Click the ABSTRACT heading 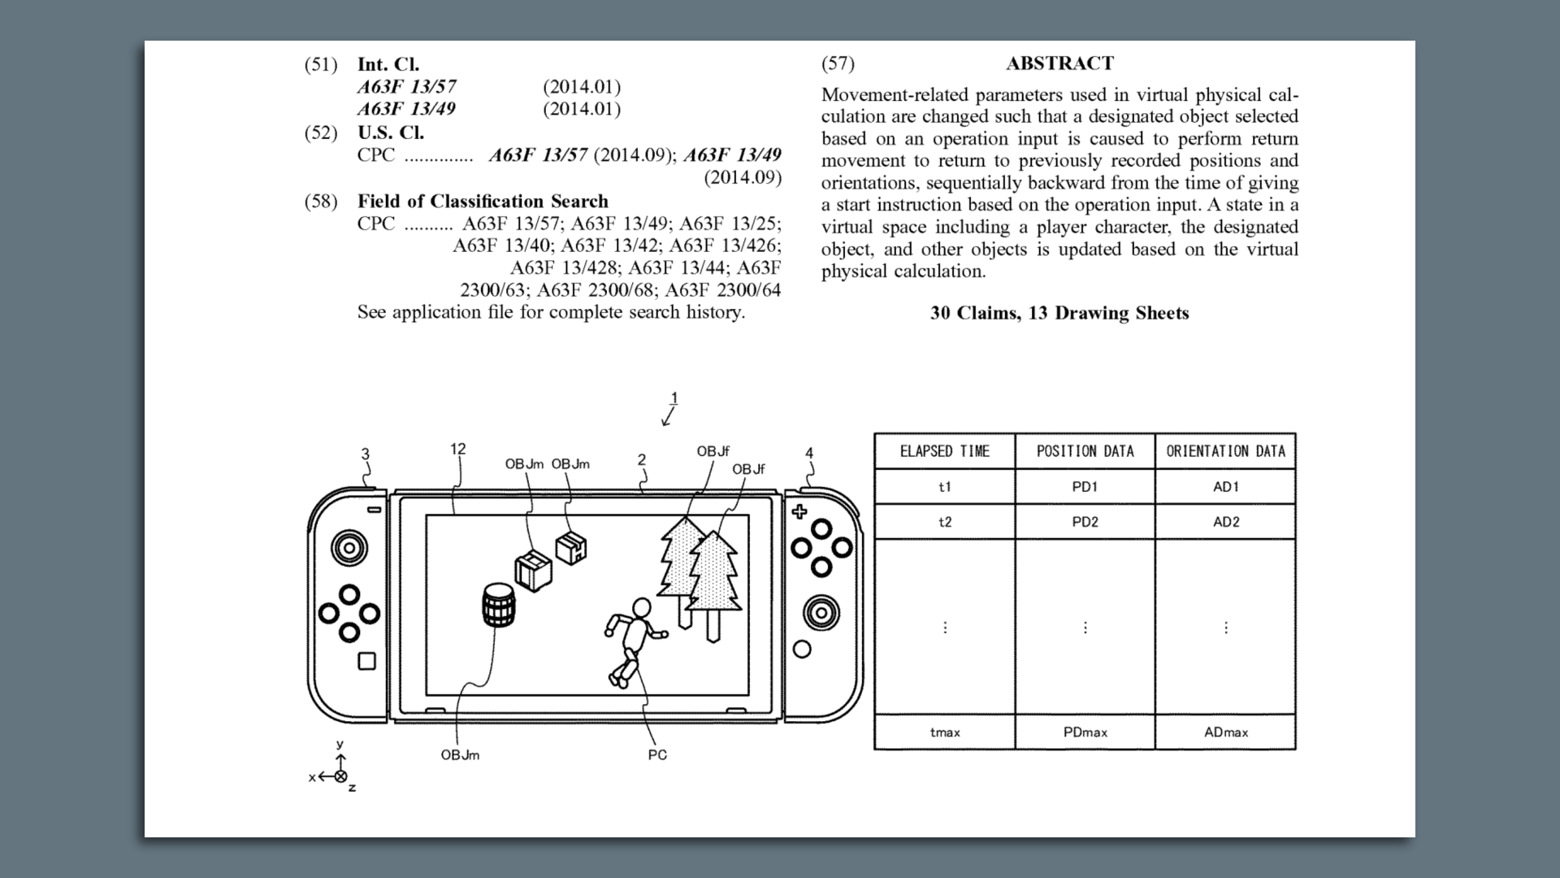(x=1059, y=63)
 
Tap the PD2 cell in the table (x=1085, y=522)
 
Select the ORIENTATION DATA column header (x=1225, y=451)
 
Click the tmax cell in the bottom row (x=945, y=732)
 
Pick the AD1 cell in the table (x=1225, y=487)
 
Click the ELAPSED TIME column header (x=944, y=451)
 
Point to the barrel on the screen (x=499, y=606)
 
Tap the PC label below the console (x=657, y=755)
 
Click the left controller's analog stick (x=349, y=548)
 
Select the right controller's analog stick (x=821, y=612)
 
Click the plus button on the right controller (x=799, y=511)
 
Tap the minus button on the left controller (x=375, y=510)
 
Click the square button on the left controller (x=367, y=661)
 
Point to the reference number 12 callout (x=457, y=449)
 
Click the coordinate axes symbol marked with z (x=340, y=776)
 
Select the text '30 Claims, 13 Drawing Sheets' (x=1059, y=313)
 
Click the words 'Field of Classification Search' (x=483, y=202)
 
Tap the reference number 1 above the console (x=674, y=398)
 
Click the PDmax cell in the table (x=1085, y=732)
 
